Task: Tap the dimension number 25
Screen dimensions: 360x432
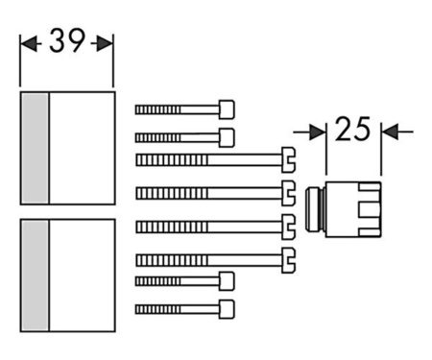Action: (353, 130)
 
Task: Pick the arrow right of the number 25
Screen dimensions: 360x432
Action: (396, 131)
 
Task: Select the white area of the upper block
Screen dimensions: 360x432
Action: (82, 148)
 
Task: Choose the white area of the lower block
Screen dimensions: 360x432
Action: (82, 275)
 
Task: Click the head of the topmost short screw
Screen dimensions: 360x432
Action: (227, 108)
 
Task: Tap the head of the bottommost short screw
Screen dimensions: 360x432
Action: (227, 308)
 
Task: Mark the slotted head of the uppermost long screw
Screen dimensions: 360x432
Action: (287, 158)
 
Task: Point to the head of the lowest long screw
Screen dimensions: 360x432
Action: (287, 257)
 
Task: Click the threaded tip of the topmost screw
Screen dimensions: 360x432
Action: (157, 109)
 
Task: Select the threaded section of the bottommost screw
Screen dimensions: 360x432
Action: (157, 308)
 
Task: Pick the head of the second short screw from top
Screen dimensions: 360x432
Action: (227, 137)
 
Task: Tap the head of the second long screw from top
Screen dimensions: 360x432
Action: (287, 192)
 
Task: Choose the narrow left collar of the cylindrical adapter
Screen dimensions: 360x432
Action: (312, 208)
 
